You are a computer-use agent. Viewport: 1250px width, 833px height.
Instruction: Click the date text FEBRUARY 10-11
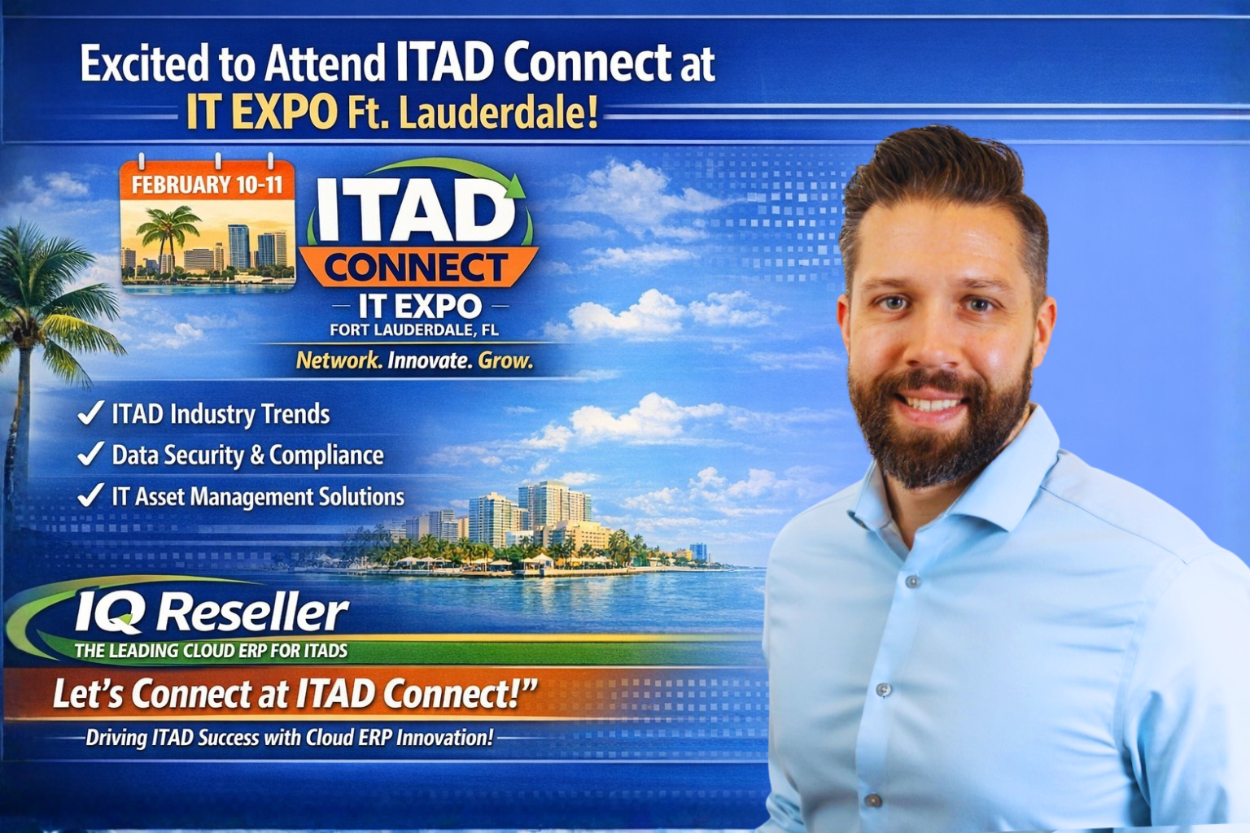[207, 185]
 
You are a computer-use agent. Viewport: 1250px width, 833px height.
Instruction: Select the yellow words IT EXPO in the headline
[261, 112]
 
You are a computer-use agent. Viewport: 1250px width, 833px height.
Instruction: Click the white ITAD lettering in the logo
[415, 210]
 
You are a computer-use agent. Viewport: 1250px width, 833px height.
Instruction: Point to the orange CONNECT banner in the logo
[417, 268]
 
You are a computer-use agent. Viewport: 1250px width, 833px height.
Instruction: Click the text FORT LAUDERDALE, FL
[414, 329]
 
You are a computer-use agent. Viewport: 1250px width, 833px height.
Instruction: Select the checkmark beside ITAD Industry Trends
[90, 413]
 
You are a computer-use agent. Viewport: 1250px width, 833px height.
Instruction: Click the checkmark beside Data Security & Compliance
[90, 454]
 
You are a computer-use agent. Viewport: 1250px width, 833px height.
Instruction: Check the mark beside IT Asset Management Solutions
[90, 495]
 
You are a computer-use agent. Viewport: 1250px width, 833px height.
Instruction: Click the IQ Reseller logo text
[212, 612]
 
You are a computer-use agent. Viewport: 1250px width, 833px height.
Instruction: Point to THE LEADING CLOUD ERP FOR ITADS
[211, 651]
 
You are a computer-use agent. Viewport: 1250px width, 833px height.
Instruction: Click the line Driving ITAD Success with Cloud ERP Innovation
[289, 738]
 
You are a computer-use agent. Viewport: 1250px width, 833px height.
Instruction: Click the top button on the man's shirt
[913, 582]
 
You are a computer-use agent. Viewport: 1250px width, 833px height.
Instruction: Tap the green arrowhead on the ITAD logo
[514, 186]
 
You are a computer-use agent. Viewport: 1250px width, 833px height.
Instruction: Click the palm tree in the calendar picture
[167, 232]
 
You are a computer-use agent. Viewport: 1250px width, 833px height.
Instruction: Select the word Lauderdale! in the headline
[498, 112]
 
